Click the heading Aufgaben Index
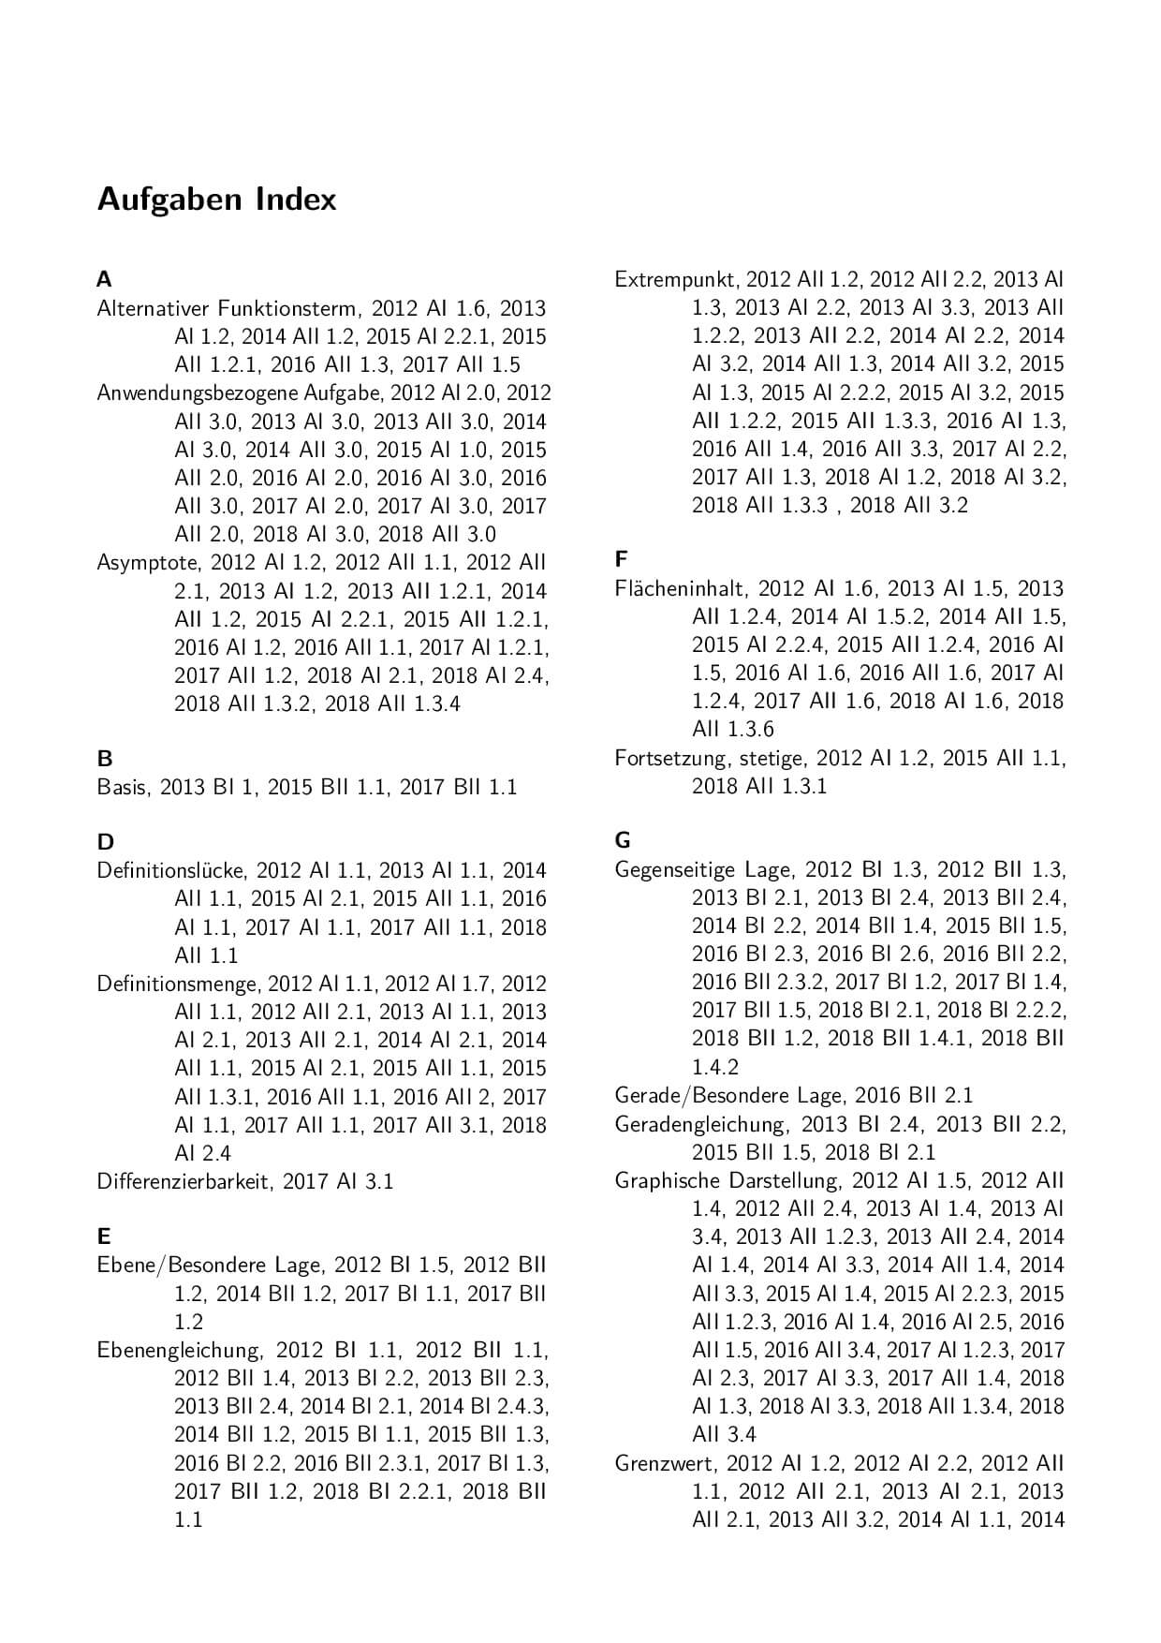[x=216, y=200]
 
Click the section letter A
[x=104, y=279]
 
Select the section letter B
[x=104, y=758]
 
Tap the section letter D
[x=105, y=841]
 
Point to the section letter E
[x=104, y=1236]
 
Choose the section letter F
[x=621, y=559]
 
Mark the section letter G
[x=623, y=840]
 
